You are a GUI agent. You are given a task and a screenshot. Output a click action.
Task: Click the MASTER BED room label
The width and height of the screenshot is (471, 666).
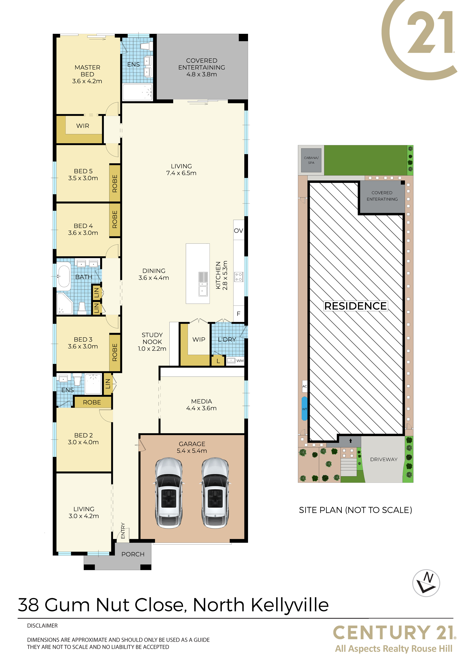[x=87, y=71]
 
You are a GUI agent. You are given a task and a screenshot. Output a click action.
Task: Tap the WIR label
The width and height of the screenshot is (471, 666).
[x=83, y=126]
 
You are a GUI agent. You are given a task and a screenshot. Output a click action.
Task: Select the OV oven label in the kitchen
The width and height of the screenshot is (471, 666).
[x=239, y=231]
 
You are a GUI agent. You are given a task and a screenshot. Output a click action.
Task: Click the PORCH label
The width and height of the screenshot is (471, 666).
[x=133, y=554]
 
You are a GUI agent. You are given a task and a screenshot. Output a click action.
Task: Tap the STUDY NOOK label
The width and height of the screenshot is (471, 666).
[x=152, y=338]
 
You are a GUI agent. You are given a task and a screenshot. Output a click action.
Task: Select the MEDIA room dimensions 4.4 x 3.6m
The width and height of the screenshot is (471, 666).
[x=201, y=408]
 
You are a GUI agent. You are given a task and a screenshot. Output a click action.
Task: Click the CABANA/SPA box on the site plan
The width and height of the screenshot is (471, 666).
[x=311, y=160]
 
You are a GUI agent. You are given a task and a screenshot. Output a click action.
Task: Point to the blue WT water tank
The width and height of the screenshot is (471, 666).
[x=304, y=408]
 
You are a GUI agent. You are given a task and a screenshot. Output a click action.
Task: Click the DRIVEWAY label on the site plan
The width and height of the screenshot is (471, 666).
[x=384, y=459]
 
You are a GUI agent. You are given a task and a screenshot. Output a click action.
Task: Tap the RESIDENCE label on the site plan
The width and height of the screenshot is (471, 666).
[x=356, y=306]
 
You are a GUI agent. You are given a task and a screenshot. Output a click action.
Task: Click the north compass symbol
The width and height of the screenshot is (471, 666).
[x=426, y=583]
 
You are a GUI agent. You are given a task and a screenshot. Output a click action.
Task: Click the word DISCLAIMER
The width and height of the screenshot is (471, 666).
[x=42, y=626]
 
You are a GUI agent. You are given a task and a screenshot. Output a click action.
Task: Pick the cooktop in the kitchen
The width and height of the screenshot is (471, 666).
[x=239, y=277]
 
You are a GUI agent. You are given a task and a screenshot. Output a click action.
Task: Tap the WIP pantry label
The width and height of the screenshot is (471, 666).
[x=199, y=339]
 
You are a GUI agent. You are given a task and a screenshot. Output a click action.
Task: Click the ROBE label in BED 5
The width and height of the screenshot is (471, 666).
[x=115, y=183]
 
